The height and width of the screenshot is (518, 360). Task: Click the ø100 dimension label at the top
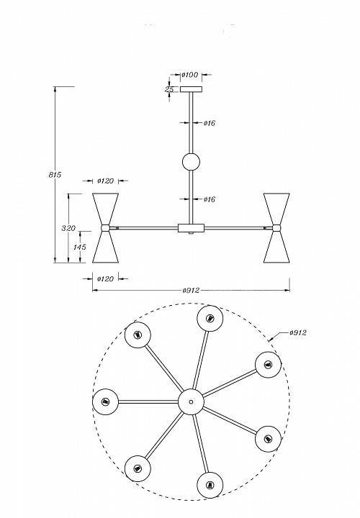(190, 75)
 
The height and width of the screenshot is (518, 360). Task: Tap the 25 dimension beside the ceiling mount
(169, 89)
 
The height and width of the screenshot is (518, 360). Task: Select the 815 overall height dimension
(55, 175)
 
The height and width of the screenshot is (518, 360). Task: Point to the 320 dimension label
(69, 228)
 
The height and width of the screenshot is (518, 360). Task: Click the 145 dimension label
(80, 247)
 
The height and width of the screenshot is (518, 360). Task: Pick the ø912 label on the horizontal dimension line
(191, 291)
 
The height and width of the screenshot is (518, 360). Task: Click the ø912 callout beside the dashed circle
(298, 332)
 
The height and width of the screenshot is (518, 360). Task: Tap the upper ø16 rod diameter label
(210, 123)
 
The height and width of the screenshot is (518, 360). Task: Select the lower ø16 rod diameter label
(210, 199)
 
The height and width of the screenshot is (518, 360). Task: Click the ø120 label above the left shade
(105, 181)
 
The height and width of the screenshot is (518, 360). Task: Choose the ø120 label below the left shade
(105, 279)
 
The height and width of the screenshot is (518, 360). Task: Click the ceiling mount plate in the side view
(191, 89)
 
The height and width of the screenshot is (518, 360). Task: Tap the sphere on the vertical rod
(191, 162)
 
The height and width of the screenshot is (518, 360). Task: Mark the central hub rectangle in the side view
(191, 228)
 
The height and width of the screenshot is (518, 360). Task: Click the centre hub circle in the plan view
(191, 401)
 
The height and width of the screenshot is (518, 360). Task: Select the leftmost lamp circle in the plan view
(105, 401)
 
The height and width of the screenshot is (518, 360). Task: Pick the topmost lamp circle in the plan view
(210, 319)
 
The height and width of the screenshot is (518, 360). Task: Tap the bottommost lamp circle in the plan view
(210, 486)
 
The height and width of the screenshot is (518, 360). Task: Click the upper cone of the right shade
(276, 209)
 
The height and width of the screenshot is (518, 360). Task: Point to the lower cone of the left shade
(105, 247)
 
